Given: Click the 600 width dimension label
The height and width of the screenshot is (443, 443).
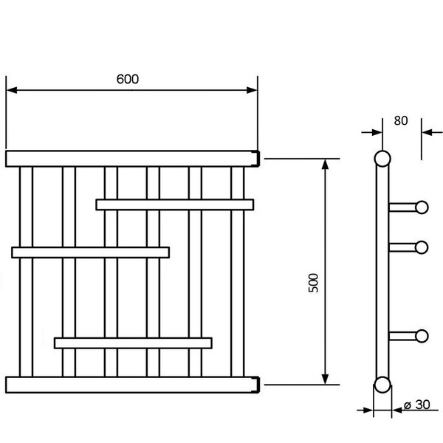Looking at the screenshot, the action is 128,79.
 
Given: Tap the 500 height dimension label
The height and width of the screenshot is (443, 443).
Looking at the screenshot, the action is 313,283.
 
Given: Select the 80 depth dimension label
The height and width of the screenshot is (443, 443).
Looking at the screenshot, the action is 401,120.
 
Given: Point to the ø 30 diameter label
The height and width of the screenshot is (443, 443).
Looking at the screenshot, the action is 417,405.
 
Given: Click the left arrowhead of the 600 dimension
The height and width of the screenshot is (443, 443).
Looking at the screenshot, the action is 11,90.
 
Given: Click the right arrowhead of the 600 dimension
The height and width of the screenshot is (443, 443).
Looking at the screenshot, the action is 252,90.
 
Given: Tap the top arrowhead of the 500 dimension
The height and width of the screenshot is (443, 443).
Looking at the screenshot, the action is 325,164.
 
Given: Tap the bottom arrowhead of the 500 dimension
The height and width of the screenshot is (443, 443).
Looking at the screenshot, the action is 325,380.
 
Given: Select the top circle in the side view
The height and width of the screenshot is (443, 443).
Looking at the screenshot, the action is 382,159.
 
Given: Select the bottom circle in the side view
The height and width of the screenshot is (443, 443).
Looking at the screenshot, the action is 382,385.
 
